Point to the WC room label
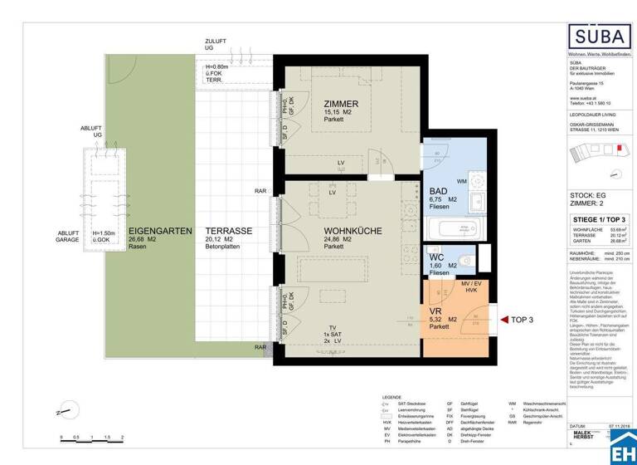click(x=436, y=258)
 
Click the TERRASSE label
click(x=229, y=230)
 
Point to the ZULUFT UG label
click(x=215, y=44)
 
